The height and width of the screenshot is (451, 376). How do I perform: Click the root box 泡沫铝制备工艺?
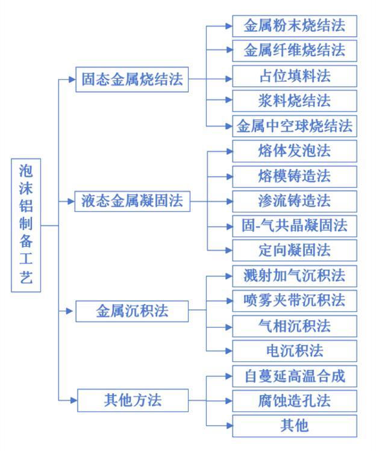point(26,225)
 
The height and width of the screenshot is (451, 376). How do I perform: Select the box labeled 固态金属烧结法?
point(132,80)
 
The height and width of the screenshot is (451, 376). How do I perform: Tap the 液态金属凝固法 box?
point(132,201)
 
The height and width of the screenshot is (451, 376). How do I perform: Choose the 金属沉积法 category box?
point(132,311)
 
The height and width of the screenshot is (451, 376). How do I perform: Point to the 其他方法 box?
point(133,400)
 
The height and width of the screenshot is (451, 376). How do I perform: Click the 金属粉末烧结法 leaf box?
point(295,26)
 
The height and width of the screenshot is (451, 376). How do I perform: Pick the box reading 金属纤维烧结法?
point(295,51)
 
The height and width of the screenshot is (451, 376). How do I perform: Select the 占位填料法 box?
point(295,76)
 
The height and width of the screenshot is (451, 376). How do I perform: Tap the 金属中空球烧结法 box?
point(295,126)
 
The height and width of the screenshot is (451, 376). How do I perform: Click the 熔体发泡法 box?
point(295,151)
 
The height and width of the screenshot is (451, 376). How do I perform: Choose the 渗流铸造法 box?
point(295,201)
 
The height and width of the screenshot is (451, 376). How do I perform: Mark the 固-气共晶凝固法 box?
point(295,226)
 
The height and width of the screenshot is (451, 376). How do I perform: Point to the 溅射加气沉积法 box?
point(295,276)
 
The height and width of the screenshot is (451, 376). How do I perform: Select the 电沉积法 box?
point(295,351)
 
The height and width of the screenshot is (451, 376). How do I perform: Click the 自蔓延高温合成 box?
point(295,376)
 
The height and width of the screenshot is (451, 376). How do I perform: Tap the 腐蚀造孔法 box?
point(295,401)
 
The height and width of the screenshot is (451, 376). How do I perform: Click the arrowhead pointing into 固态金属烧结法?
point(72,80)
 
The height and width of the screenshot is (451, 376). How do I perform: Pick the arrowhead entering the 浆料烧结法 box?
point(229,100)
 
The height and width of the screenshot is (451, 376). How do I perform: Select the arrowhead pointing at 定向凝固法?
point(229,250)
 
